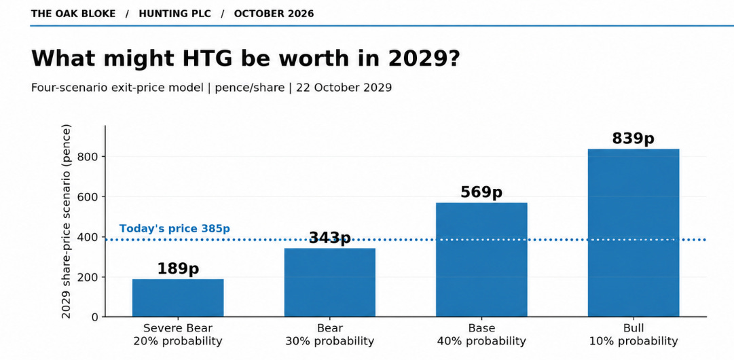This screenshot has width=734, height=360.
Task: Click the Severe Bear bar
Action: (x=178, y=298)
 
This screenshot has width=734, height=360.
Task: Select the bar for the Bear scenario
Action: (x=329, y=283)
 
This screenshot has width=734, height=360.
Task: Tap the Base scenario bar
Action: (x=481, y=260)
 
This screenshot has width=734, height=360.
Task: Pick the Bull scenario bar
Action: (x=634, y=233)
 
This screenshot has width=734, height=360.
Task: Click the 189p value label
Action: (x=178, y=269)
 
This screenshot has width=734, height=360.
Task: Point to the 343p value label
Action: (x=329, y=238)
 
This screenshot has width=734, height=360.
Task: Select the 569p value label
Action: (x=481, y=192)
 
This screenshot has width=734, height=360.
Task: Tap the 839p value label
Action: (x=634, y=139)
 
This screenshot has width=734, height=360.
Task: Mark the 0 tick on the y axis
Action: (x=96, y=317)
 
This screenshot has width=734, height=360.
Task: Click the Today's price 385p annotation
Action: (x=175, y=229)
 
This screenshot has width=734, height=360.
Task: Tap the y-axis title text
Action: (x=67, y=221)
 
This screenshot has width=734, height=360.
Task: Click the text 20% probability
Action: (x=178, y=341)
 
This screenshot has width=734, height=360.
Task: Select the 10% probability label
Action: (x=634, y=341)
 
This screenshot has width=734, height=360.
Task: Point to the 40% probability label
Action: (x=481, y=341)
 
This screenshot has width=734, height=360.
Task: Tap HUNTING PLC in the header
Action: (x=175, y=14)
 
